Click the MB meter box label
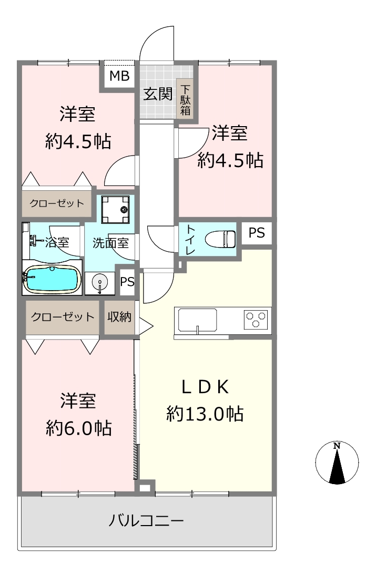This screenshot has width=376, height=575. pos(119,76)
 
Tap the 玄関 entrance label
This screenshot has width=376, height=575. pos(158,94)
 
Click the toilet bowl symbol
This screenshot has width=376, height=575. pos(220,240)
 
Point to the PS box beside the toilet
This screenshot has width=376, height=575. pos(257,233)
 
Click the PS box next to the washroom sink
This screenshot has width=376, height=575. pos(127,282)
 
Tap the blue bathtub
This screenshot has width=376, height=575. pos(52,279)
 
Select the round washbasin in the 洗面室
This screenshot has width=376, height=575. pos(99,283)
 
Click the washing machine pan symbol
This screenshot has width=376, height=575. pos(116,209)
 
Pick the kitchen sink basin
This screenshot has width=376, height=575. pos(197,320)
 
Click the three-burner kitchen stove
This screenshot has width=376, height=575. pos(256,319)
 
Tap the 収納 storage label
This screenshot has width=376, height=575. pos(119,316)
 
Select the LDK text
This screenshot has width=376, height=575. pos(206,387)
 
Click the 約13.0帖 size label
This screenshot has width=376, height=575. pos(205,414)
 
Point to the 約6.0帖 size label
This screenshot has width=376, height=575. pos(79,428)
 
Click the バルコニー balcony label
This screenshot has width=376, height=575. pos(146,520)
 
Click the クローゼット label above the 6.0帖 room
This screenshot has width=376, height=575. pos(63,316)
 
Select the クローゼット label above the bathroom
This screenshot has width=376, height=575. pos(57,203)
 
